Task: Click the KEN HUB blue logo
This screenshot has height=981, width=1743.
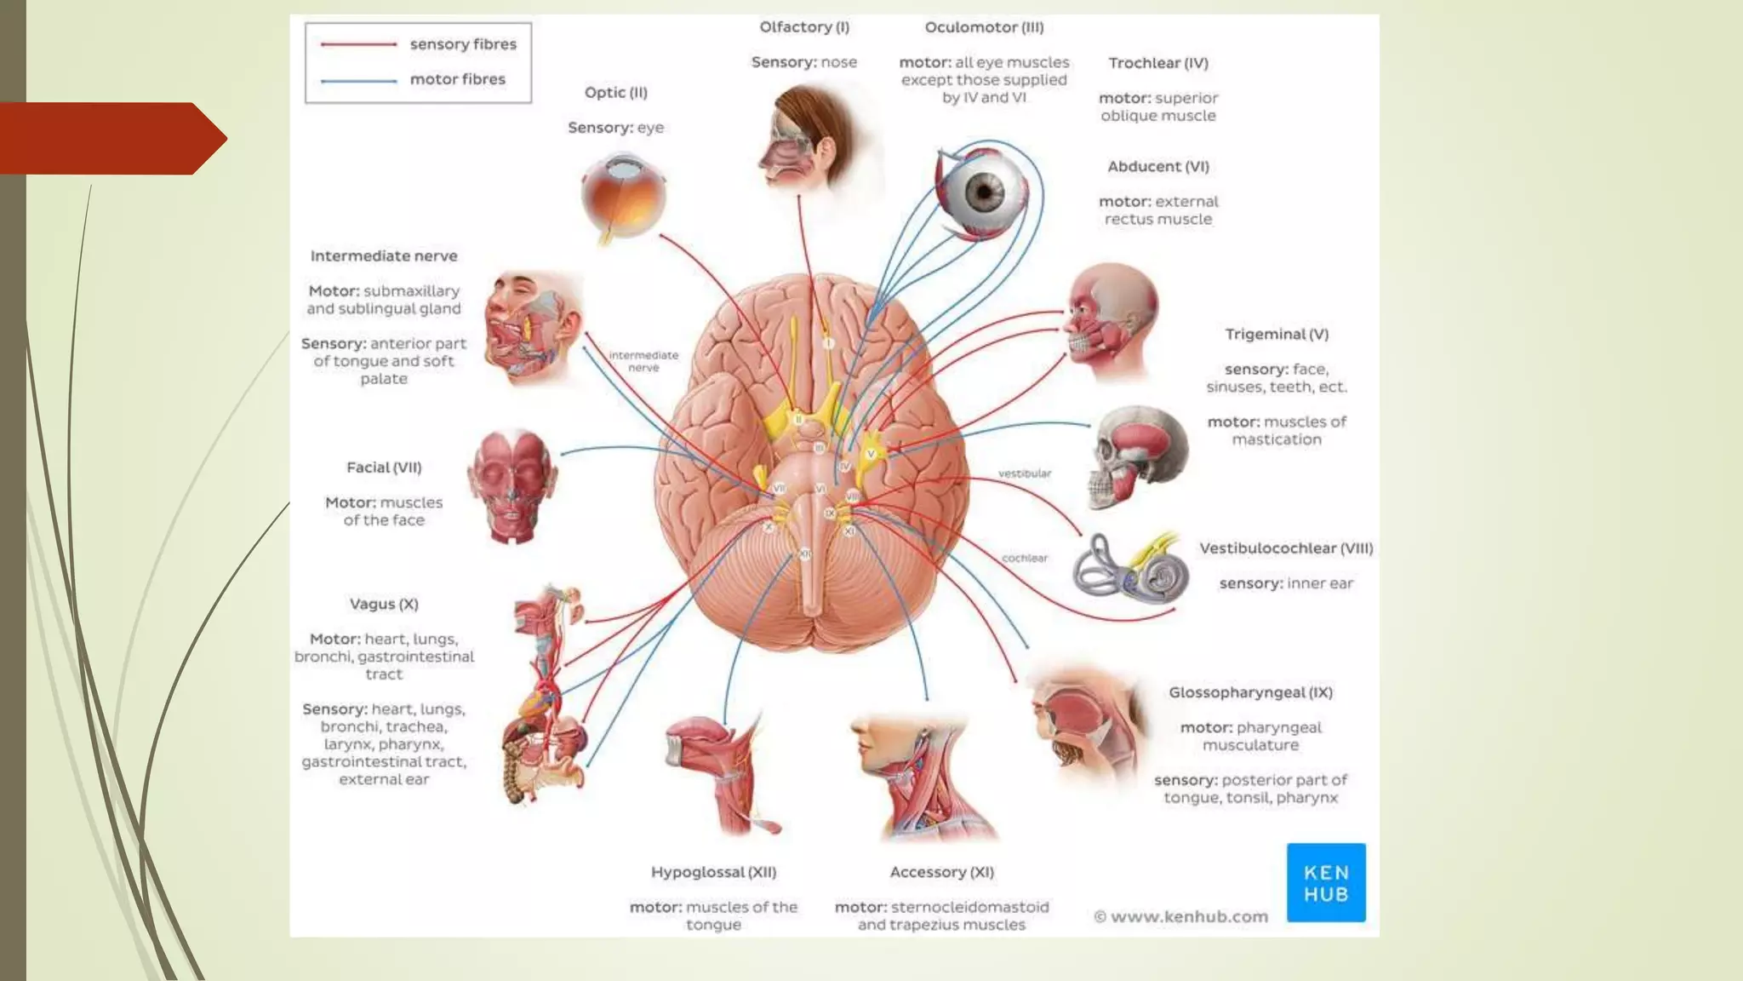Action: (x=1326, y=883)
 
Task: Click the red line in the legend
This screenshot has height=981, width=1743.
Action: (x=358, y=44)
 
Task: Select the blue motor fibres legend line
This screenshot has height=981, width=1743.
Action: (x=358, y=81)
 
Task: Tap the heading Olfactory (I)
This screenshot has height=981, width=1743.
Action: (x=804, y=27)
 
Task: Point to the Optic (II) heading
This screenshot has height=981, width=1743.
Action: (x=616, y=93)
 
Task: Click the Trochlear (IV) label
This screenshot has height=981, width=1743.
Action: (x=1158, y=63)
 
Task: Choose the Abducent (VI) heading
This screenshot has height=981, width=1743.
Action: (x=1158, y=167)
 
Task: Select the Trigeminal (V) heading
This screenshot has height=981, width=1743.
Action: (x=1277, y=335)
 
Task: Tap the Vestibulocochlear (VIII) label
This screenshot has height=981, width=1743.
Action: (x=1286, y=548)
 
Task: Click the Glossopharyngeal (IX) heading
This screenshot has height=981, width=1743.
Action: (x=1250, y=692)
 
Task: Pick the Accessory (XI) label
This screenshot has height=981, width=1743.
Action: (x=941, y=872)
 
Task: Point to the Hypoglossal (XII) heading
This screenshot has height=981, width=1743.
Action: (x=713, y=872)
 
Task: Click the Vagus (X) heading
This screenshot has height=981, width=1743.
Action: (x=384, y=604)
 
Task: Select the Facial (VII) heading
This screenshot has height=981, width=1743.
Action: (x=384, y=468)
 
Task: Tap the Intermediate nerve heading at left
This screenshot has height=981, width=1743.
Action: (x=384, y=256)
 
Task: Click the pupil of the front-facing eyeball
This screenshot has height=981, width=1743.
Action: (x=985, y=191)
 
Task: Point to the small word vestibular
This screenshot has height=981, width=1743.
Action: (x=1025, y=473)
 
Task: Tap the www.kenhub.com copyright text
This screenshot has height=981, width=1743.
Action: (x=1180, y=917)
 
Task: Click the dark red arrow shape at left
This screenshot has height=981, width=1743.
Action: (x=111, y=139)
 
